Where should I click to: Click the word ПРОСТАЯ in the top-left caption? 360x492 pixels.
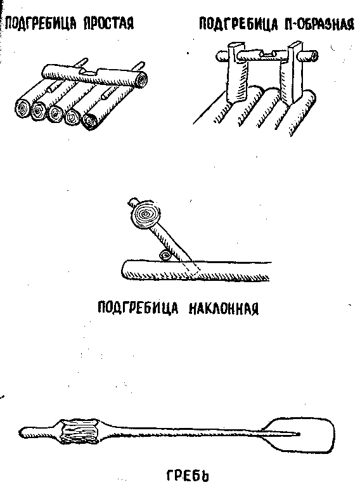coord(108,23)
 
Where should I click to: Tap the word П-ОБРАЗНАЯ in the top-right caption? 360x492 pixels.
coord(319,24)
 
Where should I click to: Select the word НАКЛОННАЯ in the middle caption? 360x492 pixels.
coord(224,308)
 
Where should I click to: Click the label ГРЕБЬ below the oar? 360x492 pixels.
coord(187,476)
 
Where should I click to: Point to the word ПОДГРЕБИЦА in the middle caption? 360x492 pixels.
coord(138,307)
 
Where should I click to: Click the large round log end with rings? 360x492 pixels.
coord(146,214)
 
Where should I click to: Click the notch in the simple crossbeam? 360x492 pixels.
coord(89,73)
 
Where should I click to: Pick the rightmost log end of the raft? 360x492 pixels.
coord(90,121)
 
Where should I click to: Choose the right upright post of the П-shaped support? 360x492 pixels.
coord(292,73)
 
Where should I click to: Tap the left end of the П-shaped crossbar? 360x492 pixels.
coord(222,56)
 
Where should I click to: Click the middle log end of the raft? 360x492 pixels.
coord(56,113)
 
